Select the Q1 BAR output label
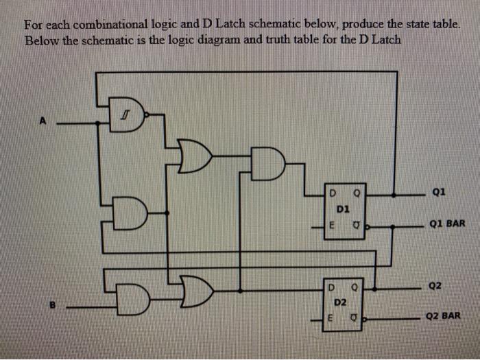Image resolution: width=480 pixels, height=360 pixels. click(447, 224)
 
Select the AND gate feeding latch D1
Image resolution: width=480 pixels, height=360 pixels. click(267, 163)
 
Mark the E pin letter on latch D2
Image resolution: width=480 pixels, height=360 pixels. click(331, 317)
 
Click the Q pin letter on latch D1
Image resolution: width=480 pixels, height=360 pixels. click(357, 190)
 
